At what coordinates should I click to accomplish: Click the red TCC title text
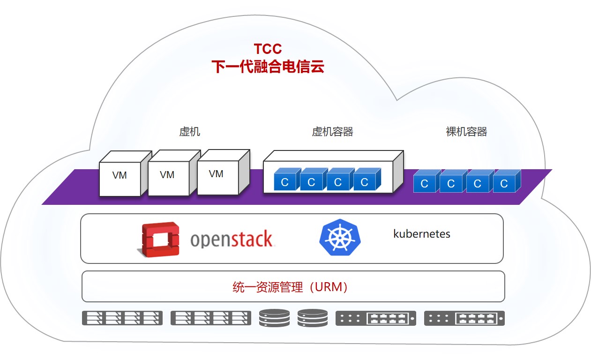point(268,49)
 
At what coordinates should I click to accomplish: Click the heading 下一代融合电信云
point(268,67)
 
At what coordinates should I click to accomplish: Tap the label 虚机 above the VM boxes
point(189,131)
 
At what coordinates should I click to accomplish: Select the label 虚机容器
point(332,131)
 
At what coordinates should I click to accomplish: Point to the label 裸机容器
point(466,131)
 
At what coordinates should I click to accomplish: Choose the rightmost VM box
point(224,172)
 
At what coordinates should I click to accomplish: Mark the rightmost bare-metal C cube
point(507,181)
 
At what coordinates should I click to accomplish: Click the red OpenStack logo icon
point(158,240)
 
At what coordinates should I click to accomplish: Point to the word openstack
point(232,239)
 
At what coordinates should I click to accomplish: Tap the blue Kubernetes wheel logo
point(340,237)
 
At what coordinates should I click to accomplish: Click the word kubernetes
point(422,234)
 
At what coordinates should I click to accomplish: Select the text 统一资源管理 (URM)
point(290,287)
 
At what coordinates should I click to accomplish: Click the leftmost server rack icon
point(122,318)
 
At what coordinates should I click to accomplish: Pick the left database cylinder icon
point(274,318)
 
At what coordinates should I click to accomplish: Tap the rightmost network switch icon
point(464,318)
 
